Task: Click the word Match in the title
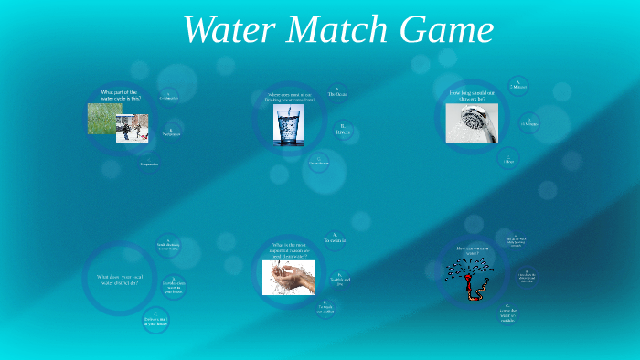[x=337, y=30]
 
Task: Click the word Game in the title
[x=448, y=30]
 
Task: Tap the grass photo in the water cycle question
[x=104, y=119]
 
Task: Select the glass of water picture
[x=288, y=125]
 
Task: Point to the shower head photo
[x=471, y=122]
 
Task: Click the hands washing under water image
[x=288, y=277]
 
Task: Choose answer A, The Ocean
[x=337, y=93]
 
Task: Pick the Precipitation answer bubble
[x=171, y=132]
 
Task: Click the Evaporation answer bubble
[x=149, y=164]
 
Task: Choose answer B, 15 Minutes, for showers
[x=529, y=122]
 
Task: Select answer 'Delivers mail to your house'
[x=156, y=321]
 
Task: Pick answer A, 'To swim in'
[x=335, y=238]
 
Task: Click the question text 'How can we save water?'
[x=466, y=249]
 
